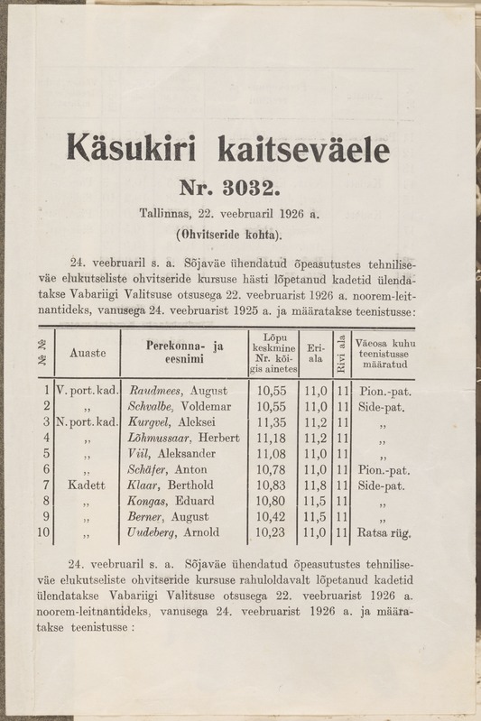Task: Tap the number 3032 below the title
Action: tap(232, 189)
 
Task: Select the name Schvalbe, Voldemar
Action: tap(180, 408)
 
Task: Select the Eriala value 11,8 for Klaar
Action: tap(315, 485)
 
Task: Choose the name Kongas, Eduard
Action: tap(171, 501)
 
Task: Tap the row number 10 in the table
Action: tap(42, 533)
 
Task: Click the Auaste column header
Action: tap(88, 356)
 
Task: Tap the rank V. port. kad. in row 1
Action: tap(87, 391)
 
